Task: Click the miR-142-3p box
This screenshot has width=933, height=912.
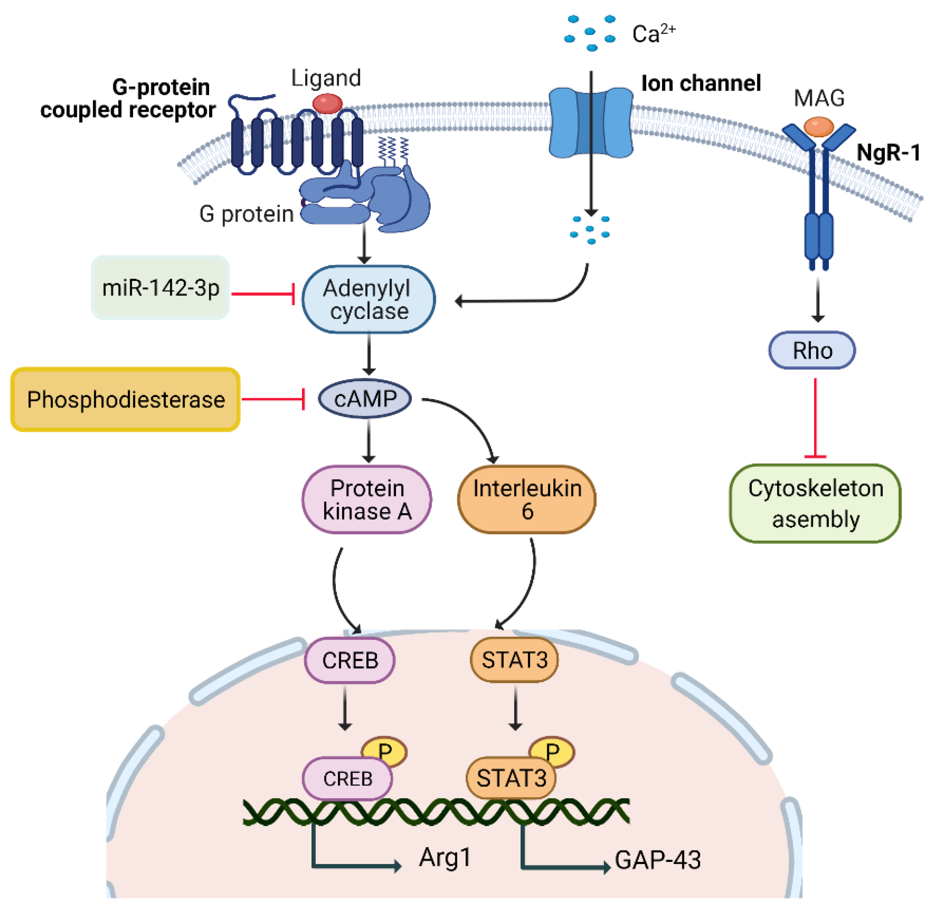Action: pyautogui.click(x=160, y=287)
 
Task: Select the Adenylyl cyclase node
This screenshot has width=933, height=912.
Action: pyautogui.click(x=368, y=299)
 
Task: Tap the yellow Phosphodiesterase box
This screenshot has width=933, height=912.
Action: pyautogui.click(x=125, y=399)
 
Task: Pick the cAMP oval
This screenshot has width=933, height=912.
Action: pyautogui.click(x=365, y=399)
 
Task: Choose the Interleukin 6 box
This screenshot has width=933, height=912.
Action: pyautogui.click(x=527, y=499)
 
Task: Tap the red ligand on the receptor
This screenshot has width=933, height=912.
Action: pyautogui.click(x=328, y=103)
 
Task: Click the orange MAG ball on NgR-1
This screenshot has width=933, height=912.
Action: pyautogui.click(x=819, y=127)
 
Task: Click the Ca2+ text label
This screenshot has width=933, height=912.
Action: pyautogui.click(x=653, y=34)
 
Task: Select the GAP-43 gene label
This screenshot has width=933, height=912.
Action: pyautogui.click(x=658, y=860)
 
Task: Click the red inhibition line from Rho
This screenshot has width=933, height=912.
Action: pyautogui.click(x=815, y=417)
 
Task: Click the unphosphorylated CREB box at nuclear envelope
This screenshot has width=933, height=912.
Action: pyautogui.click(x=350, y=660)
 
